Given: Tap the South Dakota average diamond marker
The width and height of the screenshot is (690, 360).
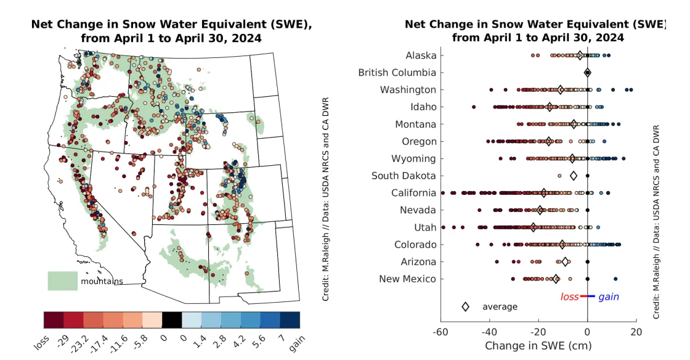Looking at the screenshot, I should point(574,176).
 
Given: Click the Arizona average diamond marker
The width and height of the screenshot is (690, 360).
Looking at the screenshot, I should point(565,262).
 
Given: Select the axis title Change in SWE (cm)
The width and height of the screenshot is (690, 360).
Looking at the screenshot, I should point(538,346).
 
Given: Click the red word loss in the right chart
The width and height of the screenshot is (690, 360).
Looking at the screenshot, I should point(569,297).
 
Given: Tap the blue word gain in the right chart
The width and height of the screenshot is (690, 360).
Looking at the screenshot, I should point(609,297).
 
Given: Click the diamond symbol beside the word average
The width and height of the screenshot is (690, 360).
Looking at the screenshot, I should point(466,306).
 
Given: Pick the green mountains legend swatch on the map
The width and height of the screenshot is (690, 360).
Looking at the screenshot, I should point(62,281).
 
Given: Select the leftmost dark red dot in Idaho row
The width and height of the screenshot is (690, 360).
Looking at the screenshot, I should point(474,107).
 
